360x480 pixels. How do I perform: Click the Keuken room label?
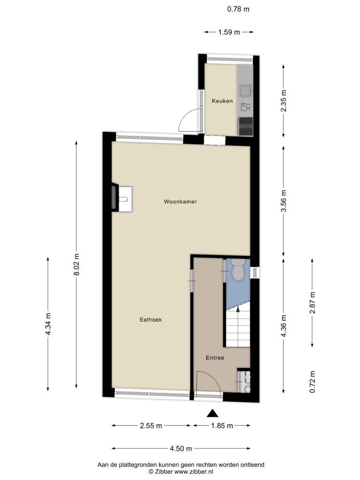tap(222, 101)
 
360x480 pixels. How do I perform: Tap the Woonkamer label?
tap(180, 202)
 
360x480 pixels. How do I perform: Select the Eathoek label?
tap(150, 320)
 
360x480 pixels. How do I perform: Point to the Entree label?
tap(215, 358)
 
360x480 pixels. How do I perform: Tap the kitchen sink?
tap(246, 90)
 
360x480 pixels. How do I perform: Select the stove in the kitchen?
tap(246, 127)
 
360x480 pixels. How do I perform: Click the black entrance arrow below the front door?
tap(212, 413)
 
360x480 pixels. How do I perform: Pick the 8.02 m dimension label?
tap(77, 264)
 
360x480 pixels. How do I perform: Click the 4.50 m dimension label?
tap(181, 449)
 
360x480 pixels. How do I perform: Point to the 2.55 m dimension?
tap(151, 426)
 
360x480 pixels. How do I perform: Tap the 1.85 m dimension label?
tap(222, 426)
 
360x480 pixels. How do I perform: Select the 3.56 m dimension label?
tap(284, 201)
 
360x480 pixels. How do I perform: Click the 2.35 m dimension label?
tap(284, 101)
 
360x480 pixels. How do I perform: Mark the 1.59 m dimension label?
tap(229, 32)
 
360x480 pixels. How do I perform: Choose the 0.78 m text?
tap(238, 9)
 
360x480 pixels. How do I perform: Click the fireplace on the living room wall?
tap(114, 197)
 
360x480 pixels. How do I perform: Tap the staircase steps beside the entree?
tap(238, 328)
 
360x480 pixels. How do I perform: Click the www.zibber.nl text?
tap(194, 472)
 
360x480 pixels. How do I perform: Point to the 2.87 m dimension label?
tap(313, 303)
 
